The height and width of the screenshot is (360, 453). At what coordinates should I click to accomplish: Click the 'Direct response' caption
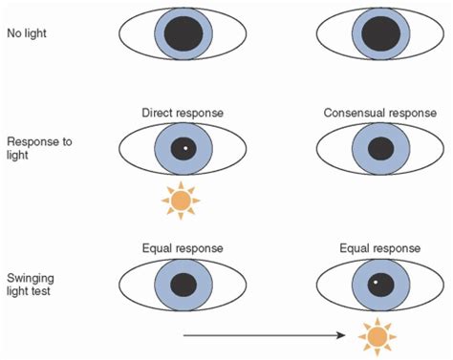tap(182, 114)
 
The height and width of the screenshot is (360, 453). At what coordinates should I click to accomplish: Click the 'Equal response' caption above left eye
tap(182, 247)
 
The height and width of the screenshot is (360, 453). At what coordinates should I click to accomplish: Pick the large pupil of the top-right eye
tap(378, 35)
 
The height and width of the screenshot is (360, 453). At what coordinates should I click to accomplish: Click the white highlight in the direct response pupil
tap(185, 149)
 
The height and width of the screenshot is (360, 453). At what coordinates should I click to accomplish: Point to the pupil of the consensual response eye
tap(378, 149)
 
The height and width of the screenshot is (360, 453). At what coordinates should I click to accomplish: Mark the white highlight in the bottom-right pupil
tap(376, 282)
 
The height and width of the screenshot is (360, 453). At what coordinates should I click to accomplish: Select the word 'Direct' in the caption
tap(158, 114)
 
